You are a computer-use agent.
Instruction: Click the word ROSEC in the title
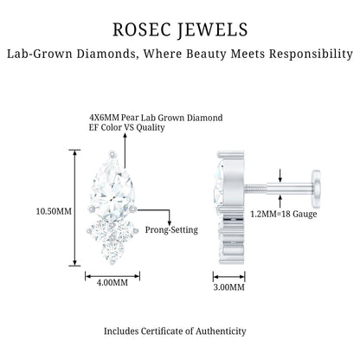point(141,29)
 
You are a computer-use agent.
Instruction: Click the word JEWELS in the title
point(212,29)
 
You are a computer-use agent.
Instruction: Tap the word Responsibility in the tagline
point(311,54)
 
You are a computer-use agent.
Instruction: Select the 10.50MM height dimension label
point(54,211)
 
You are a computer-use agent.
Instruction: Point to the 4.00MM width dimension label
point(112,282)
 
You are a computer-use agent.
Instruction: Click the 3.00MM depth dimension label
point(228,287)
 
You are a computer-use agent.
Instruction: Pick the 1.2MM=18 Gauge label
point(284,214)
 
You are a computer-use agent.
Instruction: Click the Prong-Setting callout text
point(171,230)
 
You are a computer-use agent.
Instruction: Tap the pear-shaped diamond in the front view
point(112,189)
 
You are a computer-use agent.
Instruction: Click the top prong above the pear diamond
point(112,155)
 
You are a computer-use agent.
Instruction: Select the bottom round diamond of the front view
point(112,250)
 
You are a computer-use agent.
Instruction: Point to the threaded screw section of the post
point(255,189)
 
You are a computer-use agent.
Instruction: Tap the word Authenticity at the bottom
point(221,331)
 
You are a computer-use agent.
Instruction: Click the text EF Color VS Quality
point(126,127)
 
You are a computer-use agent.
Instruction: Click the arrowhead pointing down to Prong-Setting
point(170,222)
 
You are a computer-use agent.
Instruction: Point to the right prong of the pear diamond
point(133,209)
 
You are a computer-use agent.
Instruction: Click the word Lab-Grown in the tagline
point(40,54)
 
